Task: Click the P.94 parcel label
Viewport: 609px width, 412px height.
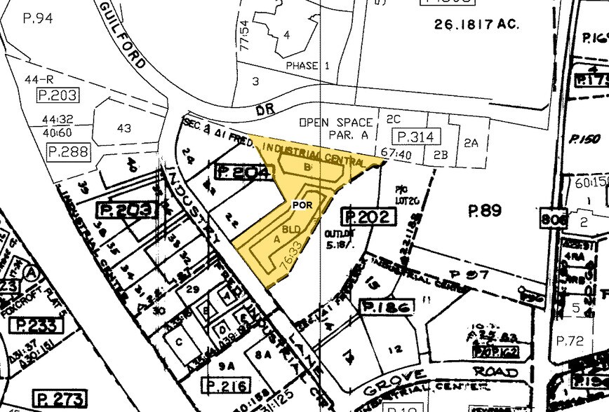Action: [x=39, y=19]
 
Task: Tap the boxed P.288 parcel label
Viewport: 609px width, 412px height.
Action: [x=67, y=151]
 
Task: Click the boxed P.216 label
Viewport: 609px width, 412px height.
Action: [x=225, y=385]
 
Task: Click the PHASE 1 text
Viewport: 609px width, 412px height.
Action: [x=307, y=66]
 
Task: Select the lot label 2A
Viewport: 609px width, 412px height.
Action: [x=471, y=143]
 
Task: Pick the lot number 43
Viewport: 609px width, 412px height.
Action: [x=124, y=128]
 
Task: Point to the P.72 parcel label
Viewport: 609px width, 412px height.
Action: [x=570, y=341]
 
